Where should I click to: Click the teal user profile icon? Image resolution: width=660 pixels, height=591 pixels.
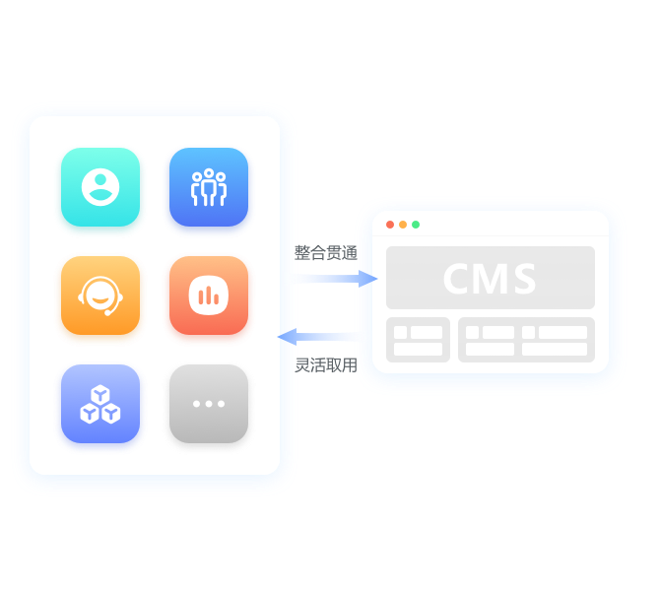click(x=100, y=187)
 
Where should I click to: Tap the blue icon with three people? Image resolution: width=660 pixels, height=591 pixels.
click(x=209, y=187)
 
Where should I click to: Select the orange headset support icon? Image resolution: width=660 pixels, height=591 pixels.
click(x=100, y=295)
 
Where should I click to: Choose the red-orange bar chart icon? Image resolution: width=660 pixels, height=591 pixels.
click(x=209, y=295)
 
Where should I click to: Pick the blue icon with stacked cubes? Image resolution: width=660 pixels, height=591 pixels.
click(x=100, y=404)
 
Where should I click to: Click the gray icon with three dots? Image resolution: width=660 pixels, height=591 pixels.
click(x=209, y=404)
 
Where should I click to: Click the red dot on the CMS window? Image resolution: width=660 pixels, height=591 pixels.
click(x=390, y=225)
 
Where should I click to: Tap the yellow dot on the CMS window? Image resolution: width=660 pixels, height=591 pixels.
click(x=403, y=225)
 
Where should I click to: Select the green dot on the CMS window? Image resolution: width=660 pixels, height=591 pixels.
click(x=416, y=225)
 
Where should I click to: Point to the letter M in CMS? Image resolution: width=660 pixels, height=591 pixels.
click(x=491, y=279)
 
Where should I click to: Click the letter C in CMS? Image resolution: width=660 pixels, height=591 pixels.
click(x=456, y=279)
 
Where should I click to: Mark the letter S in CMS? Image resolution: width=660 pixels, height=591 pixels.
click(x=524, y=279)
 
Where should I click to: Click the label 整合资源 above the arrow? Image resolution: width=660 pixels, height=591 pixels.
click(x=326, y=253)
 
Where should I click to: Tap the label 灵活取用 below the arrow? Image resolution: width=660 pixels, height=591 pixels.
click(x=326, y=365)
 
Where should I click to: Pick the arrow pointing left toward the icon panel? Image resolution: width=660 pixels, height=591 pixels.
click(x=325, y=337)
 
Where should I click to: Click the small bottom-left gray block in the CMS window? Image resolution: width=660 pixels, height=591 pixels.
click(x=418, y=340)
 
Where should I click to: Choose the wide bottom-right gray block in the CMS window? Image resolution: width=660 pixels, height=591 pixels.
click(x=526, y=340)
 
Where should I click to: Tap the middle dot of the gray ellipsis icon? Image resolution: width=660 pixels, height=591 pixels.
click(x=209, y=404)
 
